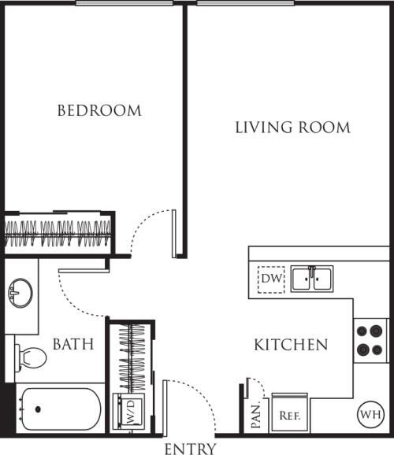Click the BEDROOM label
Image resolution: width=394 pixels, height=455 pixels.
(x=99, y=111)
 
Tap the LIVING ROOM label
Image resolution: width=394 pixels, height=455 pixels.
(x=292, y=128)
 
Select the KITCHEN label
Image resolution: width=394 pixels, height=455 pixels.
(x=291, y=345)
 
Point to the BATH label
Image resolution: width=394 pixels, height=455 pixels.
(x=73, y=344)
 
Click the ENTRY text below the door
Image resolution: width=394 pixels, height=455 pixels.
(x=190, y=449)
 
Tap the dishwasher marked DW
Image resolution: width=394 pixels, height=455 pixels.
(x=271, y=279)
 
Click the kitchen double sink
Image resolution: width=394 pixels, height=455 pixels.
(x=311, y=279)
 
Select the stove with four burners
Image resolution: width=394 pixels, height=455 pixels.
(x=370, y=340)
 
